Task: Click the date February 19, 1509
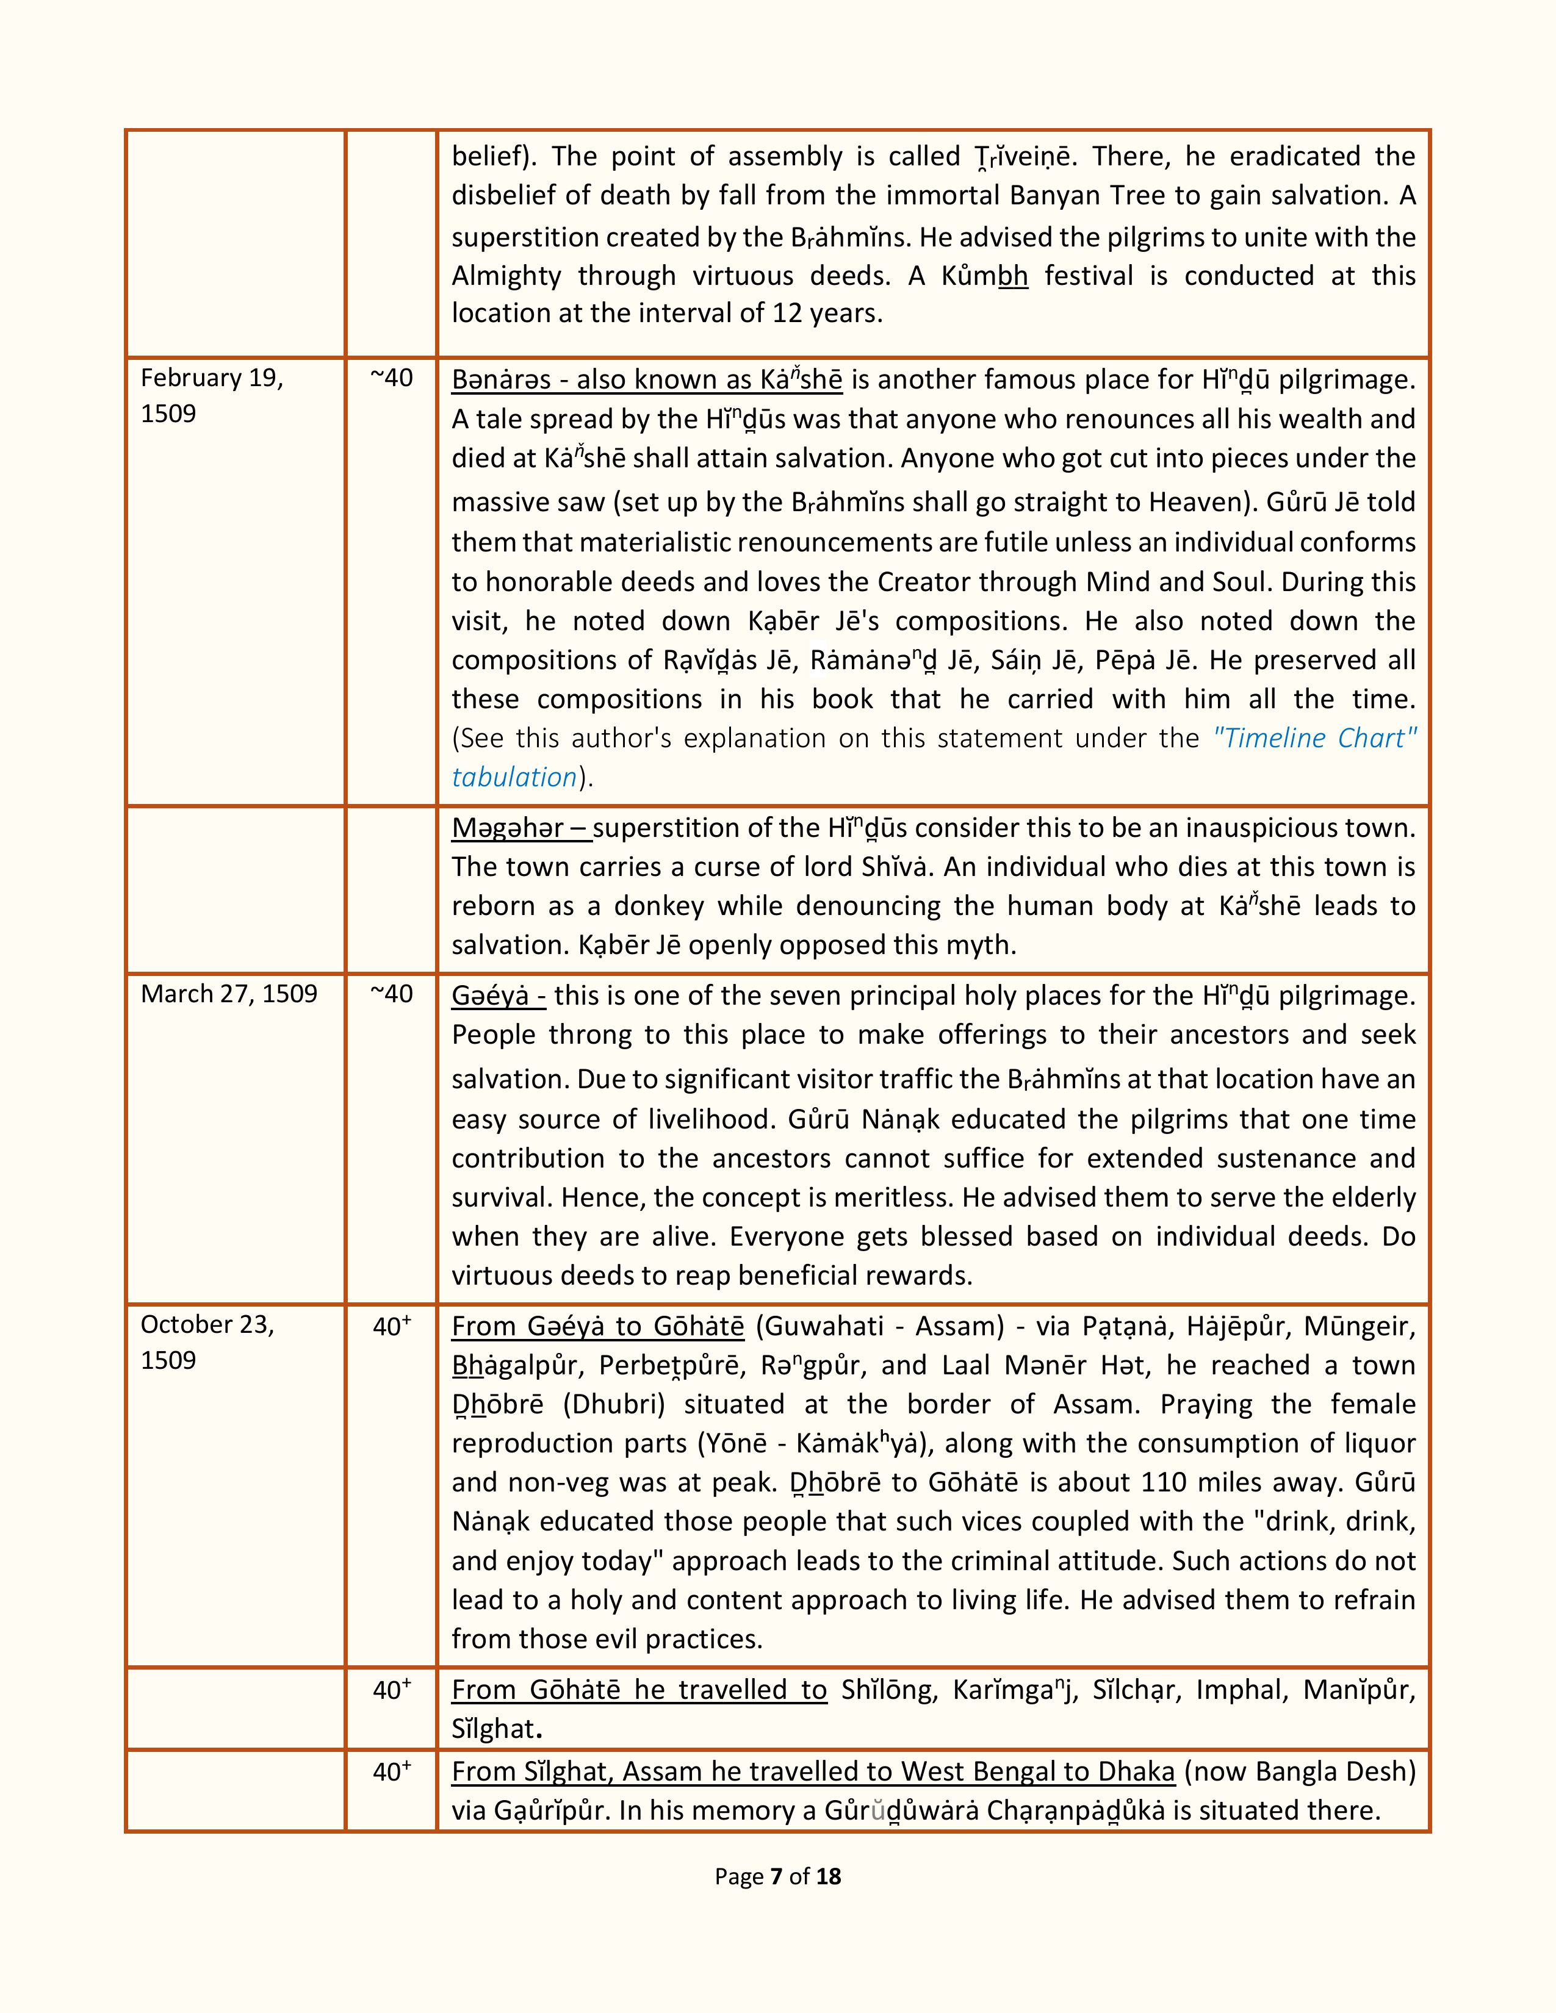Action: point(211,395)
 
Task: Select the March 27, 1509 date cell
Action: point(229,994)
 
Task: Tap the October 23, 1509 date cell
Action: point(207,1342)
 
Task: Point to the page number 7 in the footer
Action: point(776,1876)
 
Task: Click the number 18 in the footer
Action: point(829,1876)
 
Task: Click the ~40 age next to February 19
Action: point(391,378)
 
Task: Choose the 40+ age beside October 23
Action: point(391,1326)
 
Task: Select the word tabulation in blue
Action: point(513,777)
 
